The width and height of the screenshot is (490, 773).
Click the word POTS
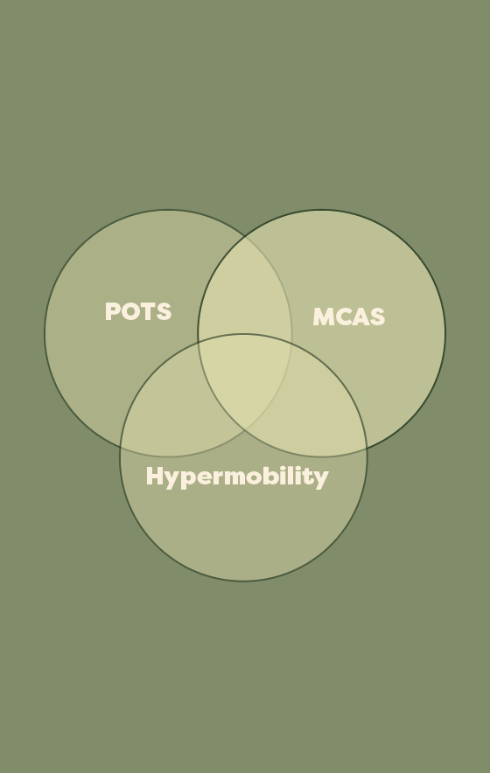[138, 311]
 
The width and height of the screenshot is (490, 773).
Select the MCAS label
[349, 317]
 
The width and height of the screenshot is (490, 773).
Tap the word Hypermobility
[237, 477]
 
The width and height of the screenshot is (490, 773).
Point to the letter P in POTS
[113, 311]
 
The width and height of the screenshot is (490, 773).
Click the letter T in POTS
[150, 311]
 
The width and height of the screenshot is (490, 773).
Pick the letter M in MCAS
[324, 317]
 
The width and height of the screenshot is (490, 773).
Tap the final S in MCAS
[377, 317]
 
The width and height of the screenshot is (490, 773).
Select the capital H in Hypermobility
[155, 476]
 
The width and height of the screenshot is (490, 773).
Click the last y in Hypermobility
[322, 480]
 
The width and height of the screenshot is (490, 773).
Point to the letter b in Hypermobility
[275, 476]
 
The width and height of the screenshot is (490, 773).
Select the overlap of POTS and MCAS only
[245, 291]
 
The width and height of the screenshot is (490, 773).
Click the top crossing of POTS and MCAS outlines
[245, 237]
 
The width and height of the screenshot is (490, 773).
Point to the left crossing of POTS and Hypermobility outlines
[121, 448]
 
